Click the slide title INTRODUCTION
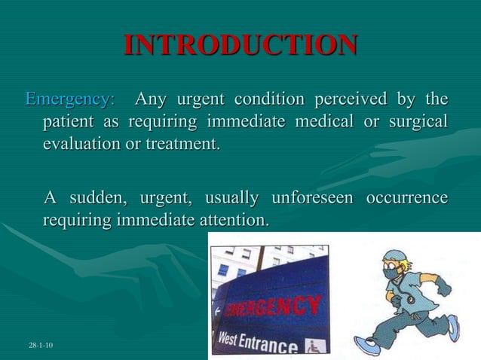(240, 45)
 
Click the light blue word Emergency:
(70, 99)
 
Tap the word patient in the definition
(71, 122)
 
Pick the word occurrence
(406, 199)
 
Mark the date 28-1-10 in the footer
(40, 345)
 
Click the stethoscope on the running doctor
(408, 300)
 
